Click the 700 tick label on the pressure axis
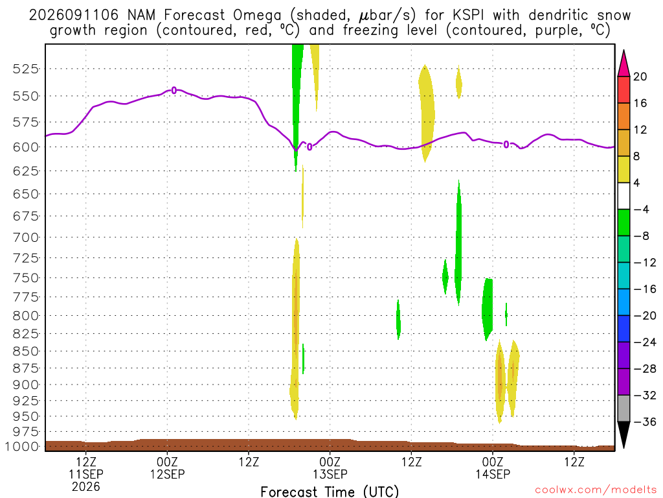tap(26, 237)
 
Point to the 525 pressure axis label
tap(26, 69)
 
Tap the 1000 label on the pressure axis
tap(22, 446)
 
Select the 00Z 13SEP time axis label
tap(330, 468)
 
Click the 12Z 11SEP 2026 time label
tap(86, 474)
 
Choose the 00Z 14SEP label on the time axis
tap(493, 468)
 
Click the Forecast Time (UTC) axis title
tap(330, 492)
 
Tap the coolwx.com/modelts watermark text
tap(596, 490)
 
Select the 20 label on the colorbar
tap(640, 77)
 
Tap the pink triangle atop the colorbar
tap(624, 64)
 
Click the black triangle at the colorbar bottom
tap(624, 435)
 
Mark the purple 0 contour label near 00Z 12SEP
tap(174, 90)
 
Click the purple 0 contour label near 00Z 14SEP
tap(506, 145)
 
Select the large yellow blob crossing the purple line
tap(426, 113)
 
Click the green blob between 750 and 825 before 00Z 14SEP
tap(488, 309)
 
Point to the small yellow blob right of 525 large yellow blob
tap(459, 82)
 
